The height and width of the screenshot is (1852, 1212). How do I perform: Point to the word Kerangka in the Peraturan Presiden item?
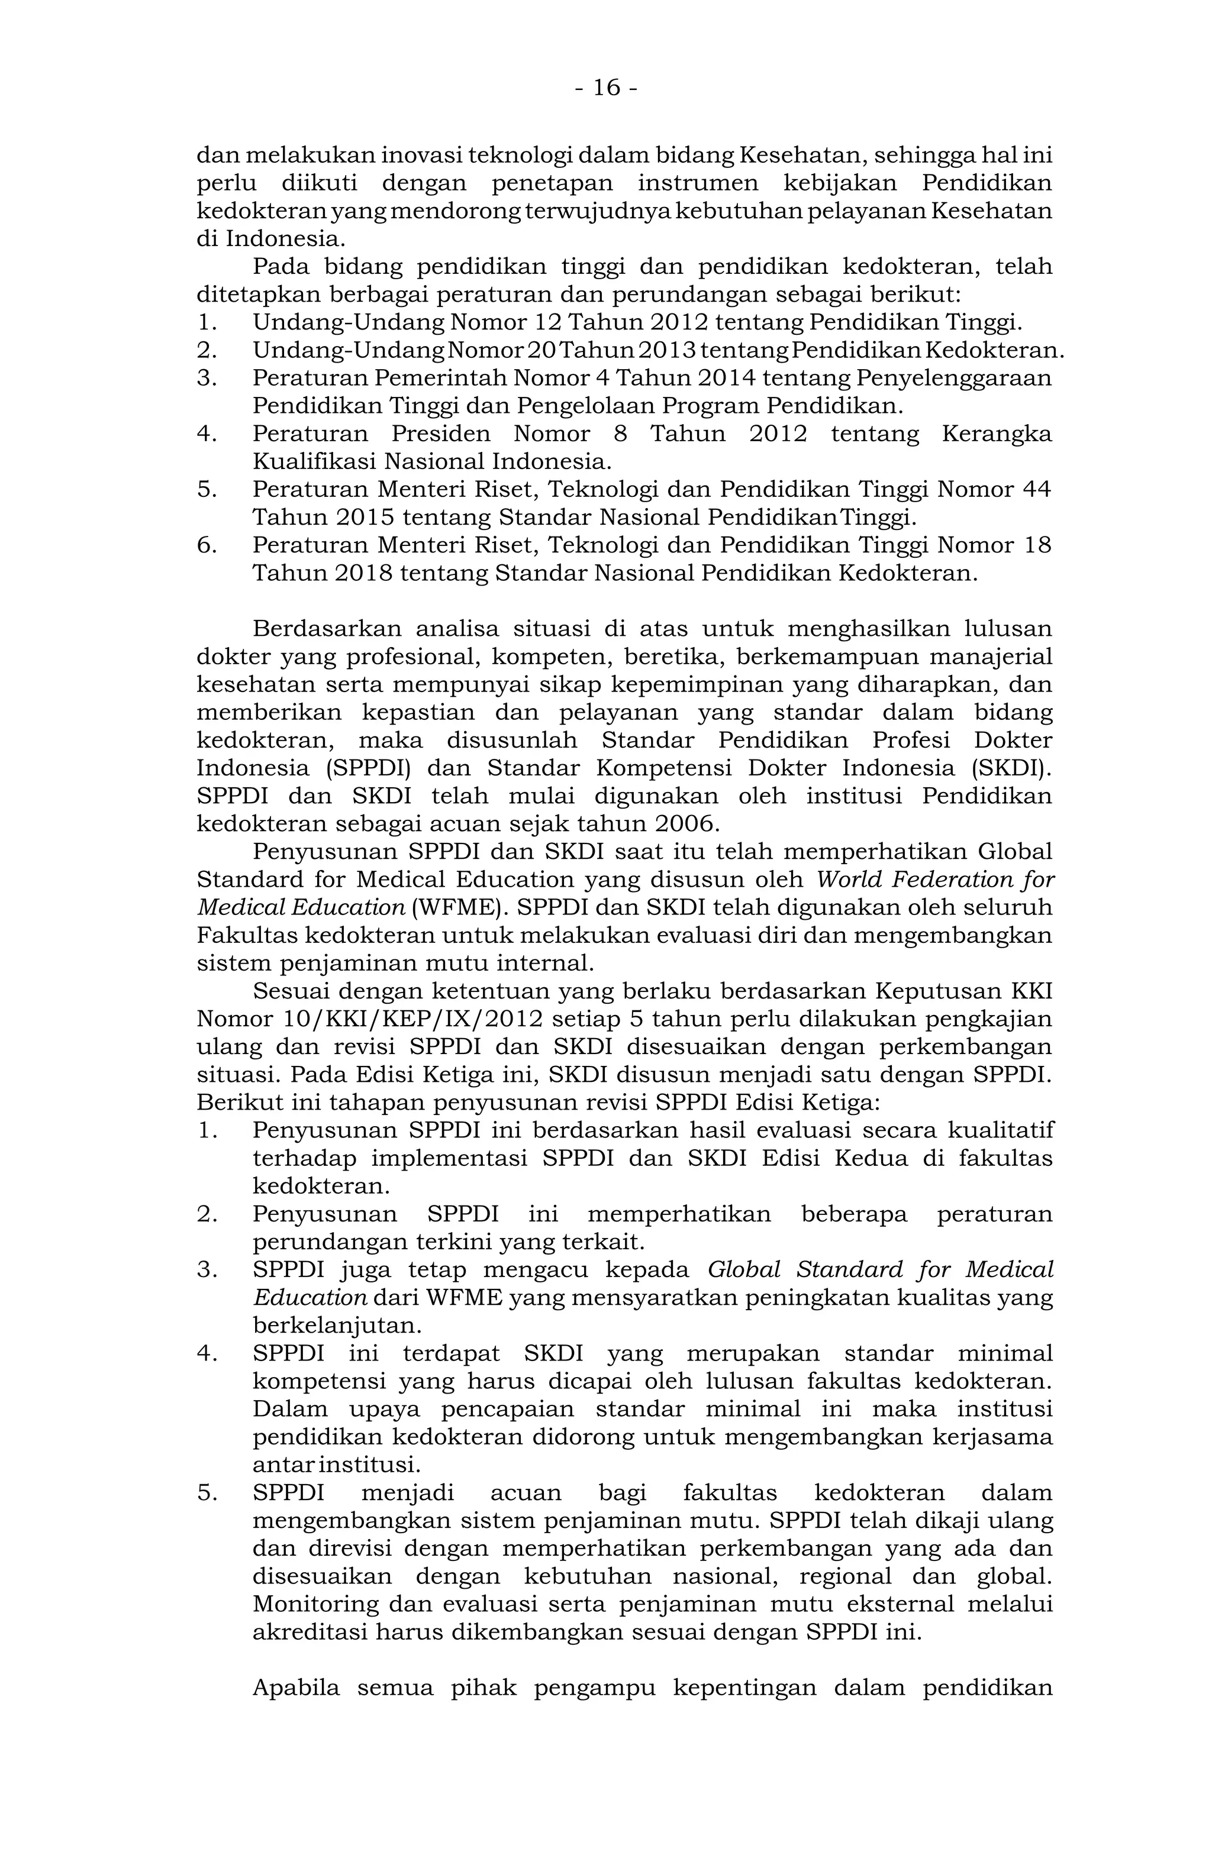pos(997,434)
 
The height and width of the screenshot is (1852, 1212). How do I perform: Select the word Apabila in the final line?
pos(296,1688)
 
